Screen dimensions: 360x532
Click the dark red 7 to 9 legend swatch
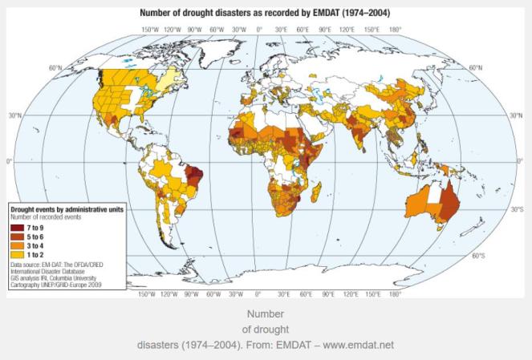coord(16,229)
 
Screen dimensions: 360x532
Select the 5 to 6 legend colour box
coord(16,237)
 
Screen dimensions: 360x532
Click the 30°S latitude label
coord(516,209)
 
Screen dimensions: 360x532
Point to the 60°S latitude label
coord(479,257)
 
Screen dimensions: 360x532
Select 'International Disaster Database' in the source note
coord(48,270)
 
